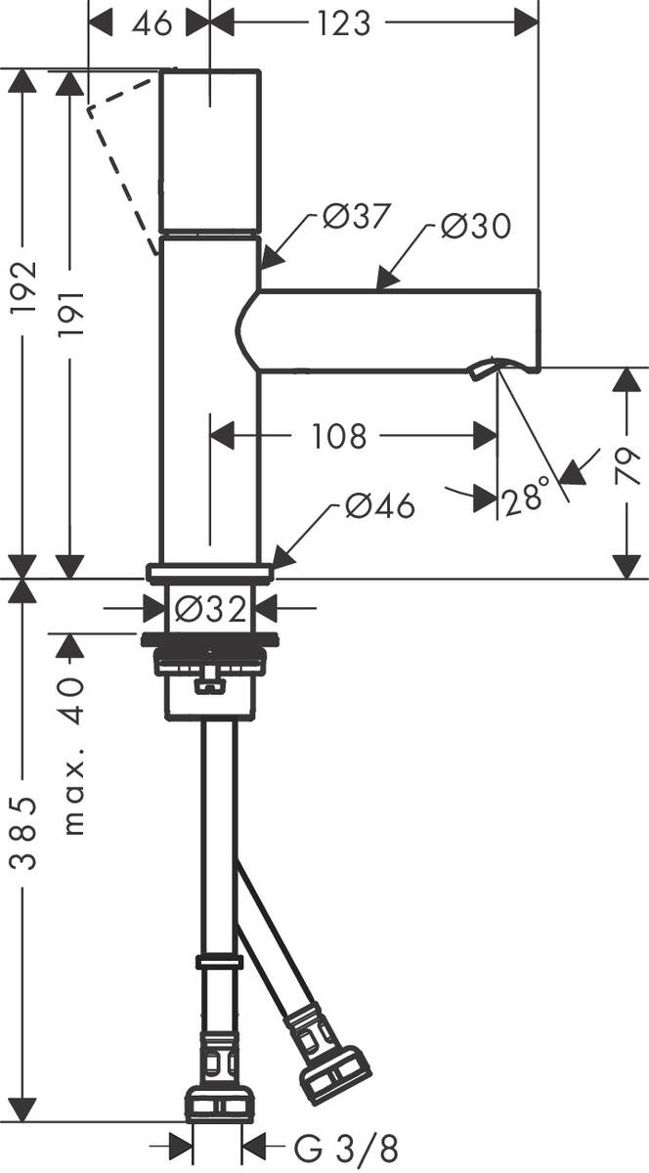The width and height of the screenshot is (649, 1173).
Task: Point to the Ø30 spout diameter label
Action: [x=475, y=227]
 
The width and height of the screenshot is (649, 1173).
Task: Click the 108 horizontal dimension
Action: [x=338, y=436]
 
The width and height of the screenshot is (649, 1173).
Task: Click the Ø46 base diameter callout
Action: [x=379, y=506]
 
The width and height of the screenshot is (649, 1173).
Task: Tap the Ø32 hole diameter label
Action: [x=209, y=610]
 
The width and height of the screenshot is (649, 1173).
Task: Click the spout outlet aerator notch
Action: [x=484, y=369]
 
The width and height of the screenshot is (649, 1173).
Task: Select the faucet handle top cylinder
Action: [x=210, y=151]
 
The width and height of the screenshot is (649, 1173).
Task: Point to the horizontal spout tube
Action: [x=391, y=331]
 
